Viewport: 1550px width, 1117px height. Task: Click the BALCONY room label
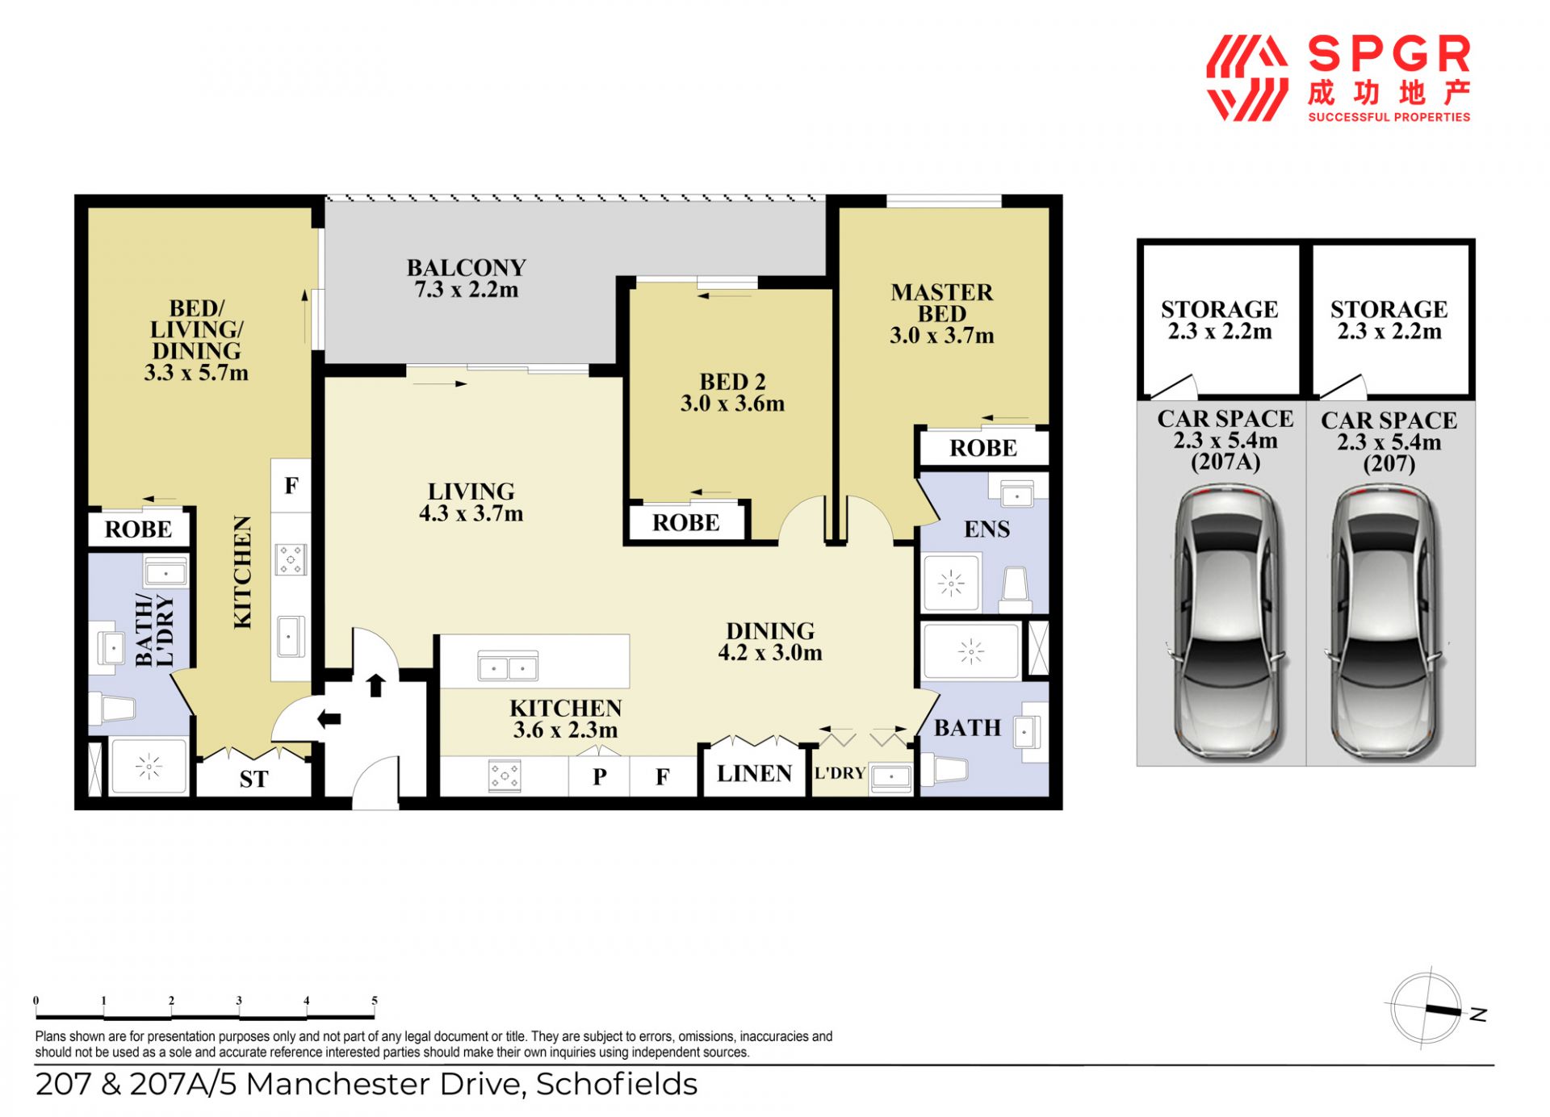(466, 267)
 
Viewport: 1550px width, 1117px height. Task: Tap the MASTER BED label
(941, 303)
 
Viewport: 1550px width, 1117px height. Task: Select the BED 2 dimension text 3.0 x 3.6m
(732, 404)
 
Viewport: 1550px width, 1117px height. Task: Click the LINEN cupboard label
(754, 774)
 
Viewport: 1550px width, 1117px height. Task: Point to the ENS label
(987, 529)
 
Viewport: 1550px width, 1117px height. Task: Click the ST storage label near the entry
(253, 780)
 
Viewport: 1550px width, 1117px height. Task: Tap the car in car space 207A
(1224, 622)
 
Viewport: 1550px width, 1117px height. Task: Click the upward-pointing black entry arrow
(375, 684)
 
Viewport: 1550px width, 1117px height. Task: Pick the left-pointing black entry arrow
(329, 719)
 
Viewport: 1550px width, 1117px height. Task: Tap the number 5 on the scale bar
(375, 1001)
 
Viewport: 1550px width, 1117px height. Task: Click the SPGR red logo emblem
(1246, 78)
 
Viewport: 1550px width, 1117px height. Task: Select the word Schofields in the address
(617, 1084)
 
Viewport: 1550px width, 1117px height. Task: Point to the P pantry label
(599, 776)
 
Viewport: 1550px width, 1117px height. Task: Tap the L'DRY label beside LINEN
(840, 773)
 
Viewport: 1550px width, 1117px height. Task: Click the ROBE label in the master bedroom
(983, 448)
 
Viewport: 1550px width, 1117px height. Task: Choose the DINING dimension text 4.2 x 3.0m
(770, 653)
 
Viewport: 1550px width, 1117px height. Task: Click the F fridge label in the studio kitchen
(291, 485)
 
